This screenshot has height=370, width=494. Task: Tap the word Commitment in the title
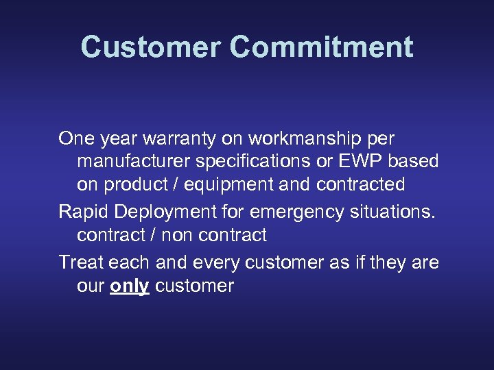click(322, 47)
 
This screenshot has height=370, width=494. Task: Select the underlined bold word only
click(130, 286)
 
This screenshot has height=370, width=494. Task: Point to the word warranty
click(179, 139)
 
